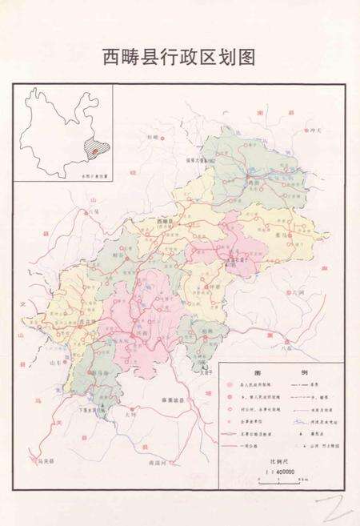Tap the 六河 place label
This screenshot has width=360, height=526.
pyautogui.click(x=297, y=295)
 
